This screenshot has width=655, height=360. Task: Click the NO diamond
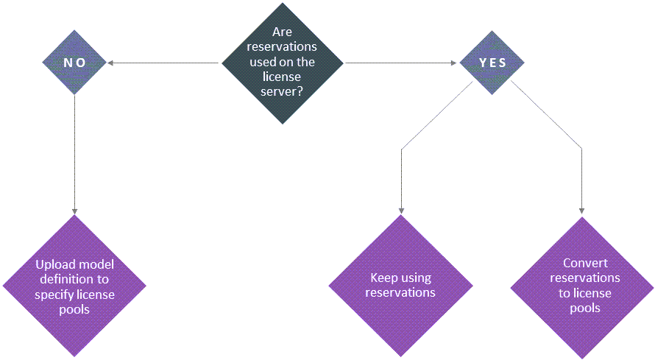pyautogui.click(x=74, y=63)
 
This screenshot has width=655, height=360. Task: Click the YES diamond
pyautogui.click(x=492, y=63)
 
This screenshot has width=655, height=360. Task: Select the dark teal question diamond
pyautogui.click(x=283, y=63)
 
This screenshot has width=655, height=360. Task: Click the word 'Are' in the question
pyautogui.click(x=282, y=33)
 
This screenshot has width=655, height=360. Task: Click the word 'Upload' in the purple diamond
pyautogui.click(x=53, y=264)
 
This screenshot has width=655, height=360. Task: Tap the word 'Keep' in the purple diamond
pyautogui.click(x=383, y=278)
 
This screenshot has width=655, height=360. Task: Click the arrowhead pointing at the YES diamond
pyautogui.click(x=456, y=63)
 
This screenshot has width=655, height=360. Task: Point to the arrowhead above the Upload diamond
pyautogui.click(x=74, y=210)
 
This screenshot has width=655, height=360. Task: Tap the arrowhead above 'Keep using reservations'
pyautogui.click(x=401, y=210)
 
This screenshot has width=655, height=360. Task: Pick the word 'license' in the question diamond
pyautogui.click(x=283, y=77)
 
